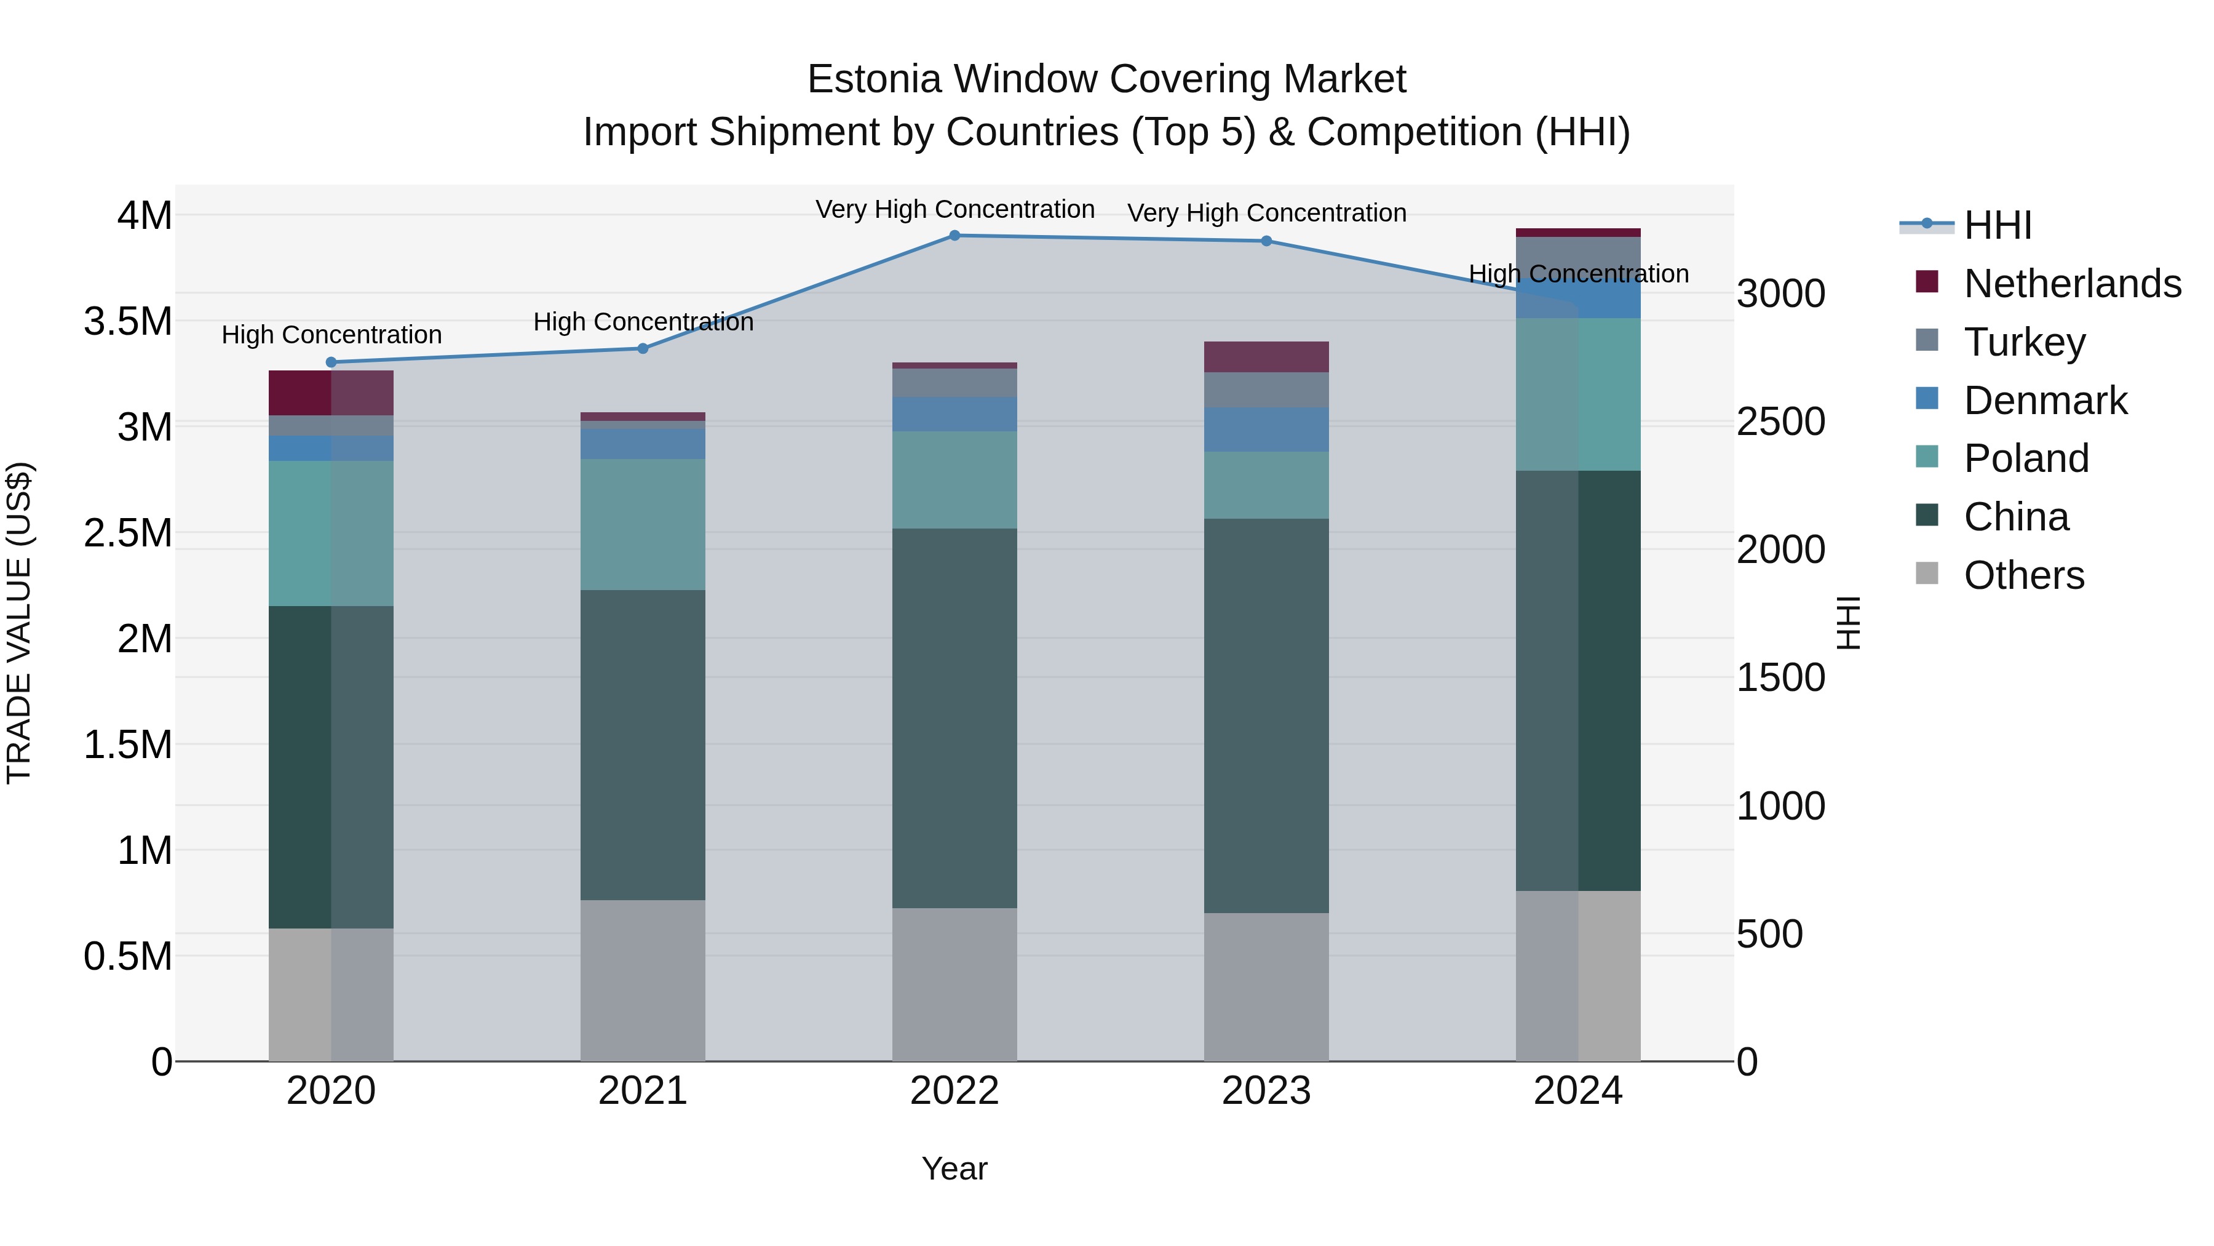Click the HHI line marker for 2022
click(x=954, y=235)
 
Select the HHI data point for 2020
click(x=331, y=362)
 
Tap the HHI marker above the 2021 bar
click(x=642, y=348)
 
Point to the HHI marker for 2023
click(x=1266, y=241)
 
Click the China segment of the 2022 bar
click(x=954, y=718)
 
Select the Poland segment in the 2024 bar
click(x=1578, y=394)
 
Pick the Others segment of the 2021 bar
click(x=642, y=980)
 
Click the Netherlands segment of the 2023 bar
click(x=1266, y=356)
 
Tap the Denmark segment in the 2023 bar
click(x=1266, y=429)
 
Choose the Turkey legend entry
click(x=2024, y=342)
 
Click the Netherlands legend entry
click(x=2071, y=284)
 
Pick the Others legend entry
click(x=2023, y=575)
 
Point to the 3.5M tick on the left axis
click(x=127, y=322)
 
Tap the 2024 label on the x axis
click(x=1578, y=1091)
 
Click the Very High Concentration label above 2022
click(x=954, y=209)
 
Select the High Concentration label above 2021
click(x=642, y=322)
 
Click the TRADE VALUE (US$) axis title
click(x=19, y=623)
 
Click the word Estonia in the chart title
click(x=874, y=79)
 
